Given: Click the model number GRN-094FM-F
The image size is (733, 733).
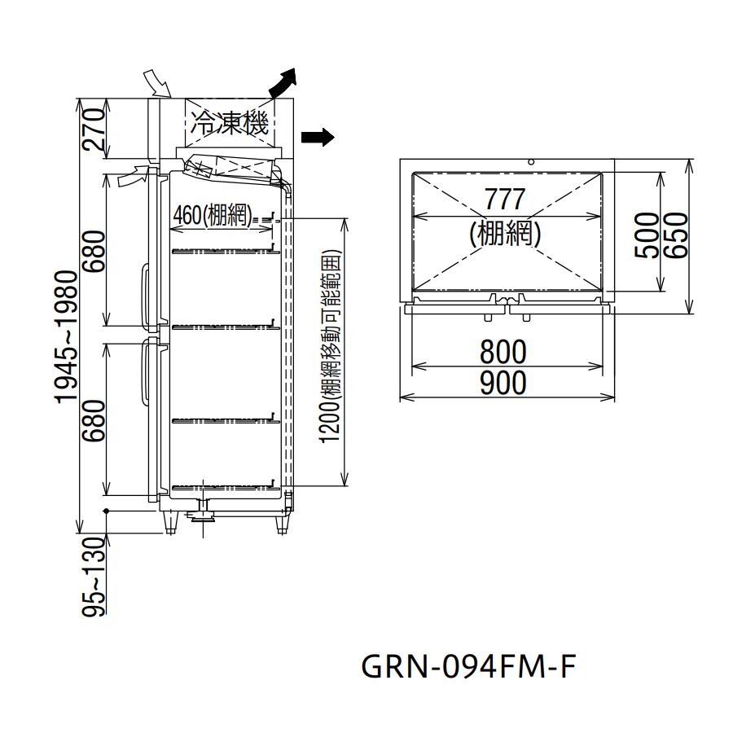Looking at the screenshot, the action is (x=468, y=666).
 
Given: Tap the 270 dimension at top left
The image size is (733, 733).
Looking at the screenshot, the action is (x=94, y=129).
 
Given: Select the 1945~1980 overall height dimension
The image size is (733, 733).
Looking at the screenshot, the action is (x=66, y=336).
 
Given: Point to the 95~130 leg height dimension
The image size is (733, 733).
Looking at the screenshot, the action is (x=93, y=577).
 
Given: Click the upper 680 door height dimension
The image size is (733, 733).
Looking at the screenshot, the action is (x=94, y=251).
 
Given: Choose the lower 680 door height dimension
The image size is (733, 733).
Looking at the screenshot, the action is (x=94, y=420).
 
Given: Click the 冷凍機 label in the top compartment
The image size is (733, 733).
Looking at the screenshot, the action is (x=229, y=123).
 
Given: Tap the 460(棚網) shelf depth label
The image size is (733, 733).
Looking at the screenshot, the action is (x=213, y=216).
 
